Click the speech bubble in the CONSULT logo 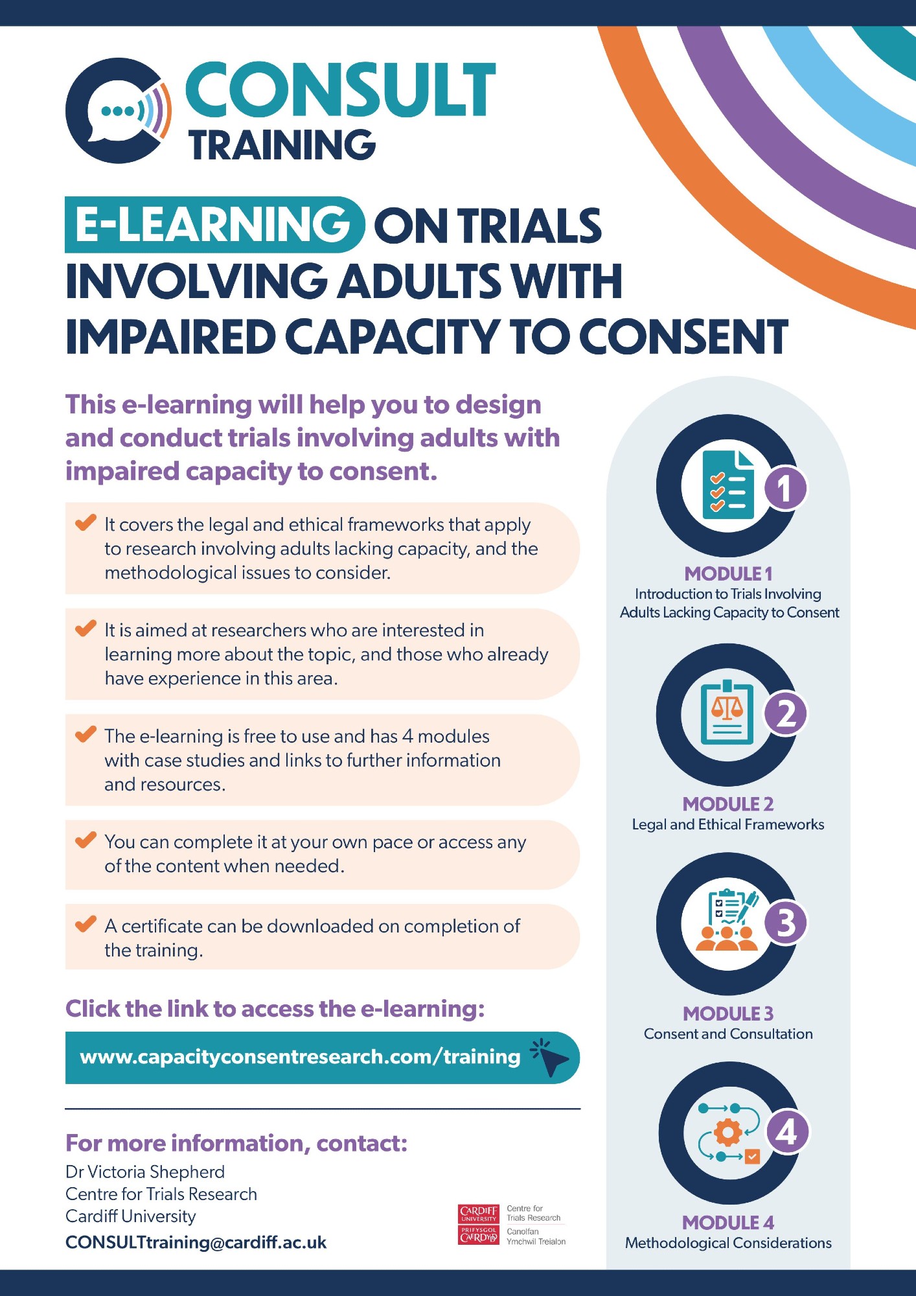tap(117, 112)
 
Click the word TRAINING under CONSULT tap(282, 145)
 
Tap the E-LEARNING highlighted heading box tap(214, 224)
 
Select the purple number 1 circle tap(785, 488)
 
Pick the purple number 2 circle tap(786, 713)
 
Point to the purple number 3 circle tap(786, 923)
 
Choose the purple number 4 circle tap(787, 1132)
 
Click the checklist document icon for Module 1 tap(729, 485)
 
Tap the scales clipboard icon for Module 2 tap(727, 713)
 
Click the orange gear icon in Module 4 tap(727, 1132)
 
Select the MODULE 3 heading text tap(728, 1013)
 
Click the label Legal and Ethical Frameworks tap(728, 824)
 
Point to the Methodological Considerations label tap(728, 1243)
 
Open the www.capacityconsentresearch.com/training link tap(300, 1057)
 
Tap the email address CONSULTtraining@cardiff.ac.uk tap(196, 1242)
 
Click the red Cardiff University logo tap(478, 1224)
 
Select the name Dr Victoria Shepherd tap(145, 1172)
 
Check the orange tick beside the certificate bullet tap(86, 924)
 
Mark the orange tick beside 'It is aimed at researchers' tap(86, 628)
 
